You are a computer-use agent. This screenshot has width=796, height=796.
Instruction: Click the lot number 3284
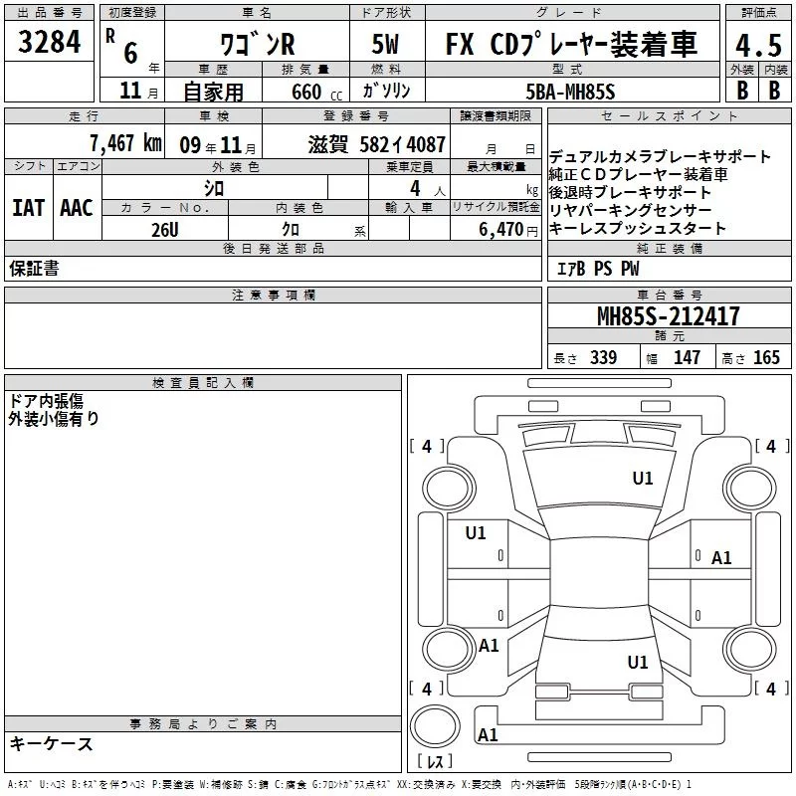pos(49,42)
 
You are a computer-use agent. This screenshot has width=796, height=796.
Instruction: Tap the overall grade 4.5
pos(758,45)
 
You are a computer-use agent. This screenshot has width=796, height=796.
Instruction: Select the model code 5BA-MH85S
pos(570,92)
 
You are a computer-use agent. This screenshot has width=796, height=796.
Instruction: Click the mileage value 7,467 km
pos(125,143)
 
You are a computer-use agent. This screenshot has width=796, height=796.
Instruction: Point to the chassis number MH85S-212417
pos(668,316)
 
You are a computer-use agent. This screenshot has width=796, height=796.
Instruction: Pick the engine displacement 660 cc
pos(316,93)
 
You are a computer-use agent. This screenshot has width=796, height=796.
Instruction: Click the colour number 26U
pos(165,230)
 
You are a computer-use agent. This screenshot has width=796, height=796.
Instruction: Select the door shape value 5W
pos(385,44)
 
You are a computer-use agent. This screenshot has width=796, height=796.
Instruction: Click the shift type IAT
pos(29,208)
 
